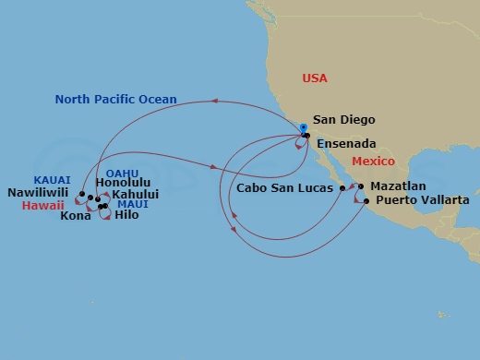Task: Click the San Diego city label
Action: [343, 119]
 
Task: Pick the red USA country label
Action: [315, 78]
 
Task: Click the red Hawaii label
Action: [42, 206]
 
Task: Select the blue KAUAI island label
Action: [51, 180]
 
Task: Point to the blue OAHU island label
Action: [122, 172]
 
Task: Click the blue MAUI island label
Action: [132, 203]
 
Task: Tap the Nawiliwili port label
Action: [40, 193]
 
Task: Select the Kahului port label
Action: [134, 194]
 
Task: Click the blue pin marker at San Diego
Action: [302, 130]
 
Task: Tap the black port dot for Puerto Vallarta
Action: [366, 200]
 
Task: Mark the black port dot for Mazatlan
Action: [361, 186]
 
